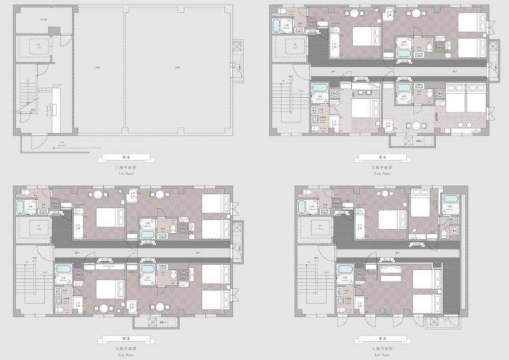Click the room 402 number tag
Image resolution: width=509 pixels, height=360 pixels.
[x=416, y=244]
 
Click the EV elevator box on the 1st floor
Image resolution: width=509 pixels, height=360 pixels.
[x=39, y=47]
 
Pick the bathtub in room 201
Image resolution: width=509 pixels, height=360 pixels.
[x=319, y=88]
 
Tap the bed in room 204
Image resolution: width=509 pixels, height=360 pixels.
[x=362, y=35]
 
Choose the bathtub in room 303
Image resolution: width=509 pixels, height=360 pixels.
[x=147, y=235]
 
